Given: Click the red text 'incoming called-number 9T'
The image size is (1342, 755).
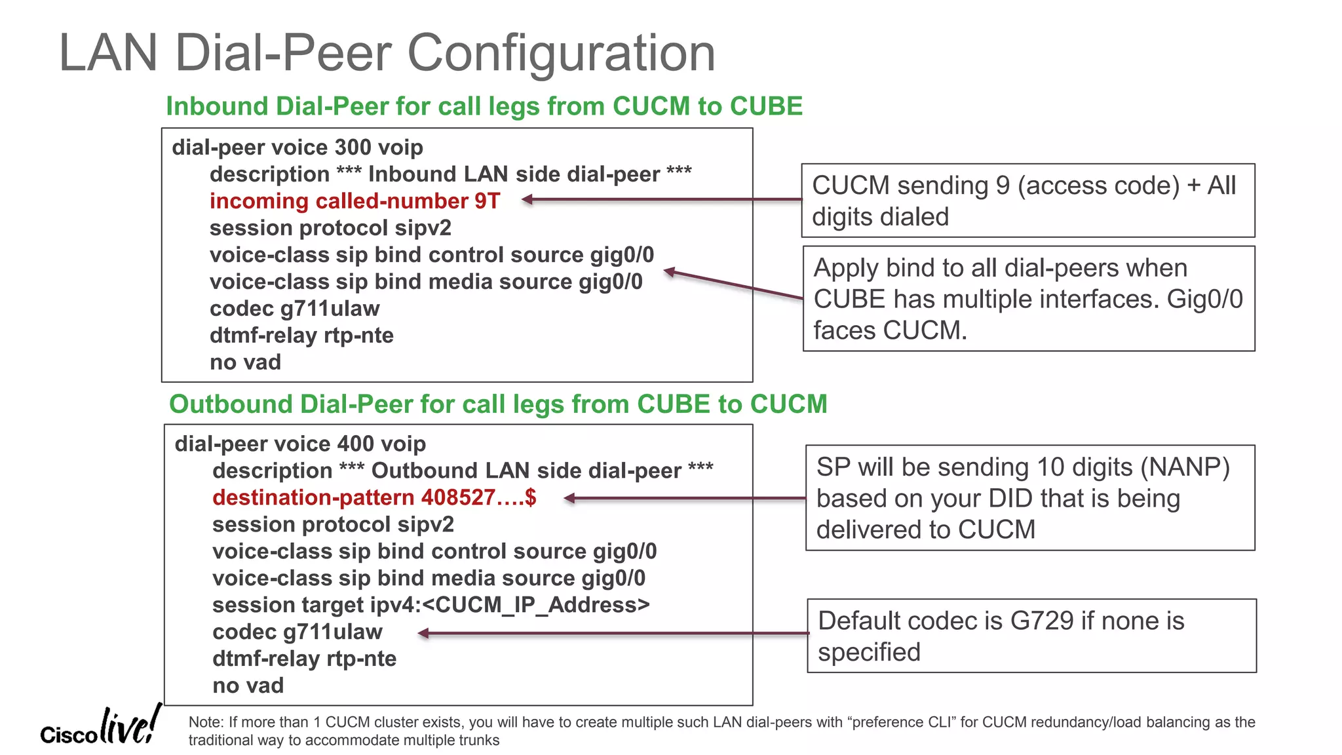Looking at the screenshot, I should (355, 201).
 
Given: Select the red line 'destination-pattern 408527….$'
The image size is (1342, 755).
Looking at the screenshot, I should (374, 497).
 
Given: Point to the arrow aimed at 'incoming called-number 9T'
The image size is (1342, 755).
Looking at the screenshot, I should (662, 199).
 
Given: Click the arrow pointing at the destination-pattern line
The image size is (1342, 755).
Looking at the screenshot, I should (685, 499).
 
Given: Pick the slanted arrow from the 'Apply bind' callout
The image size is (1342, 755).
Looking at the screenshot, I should (734, 285).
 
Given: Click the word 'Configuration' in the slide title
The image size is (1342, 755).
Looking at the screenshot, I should (562, 52).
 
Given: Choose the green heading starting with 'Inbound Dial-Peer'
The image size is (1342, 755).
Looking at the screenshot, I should (484, 106).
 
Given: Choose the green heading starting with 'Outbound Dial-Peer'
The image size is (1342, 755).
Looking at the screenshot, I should (498, 404).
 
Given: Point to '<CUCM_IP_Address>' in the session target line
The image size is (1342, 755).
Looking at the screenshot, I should (535, 605).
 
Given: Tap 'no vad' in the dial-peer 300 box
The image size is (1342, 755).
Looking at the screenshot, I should (245, 362).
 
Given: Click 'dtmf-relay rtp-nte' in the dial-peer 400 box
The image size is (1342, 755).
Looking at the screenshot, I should (304, 659).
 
